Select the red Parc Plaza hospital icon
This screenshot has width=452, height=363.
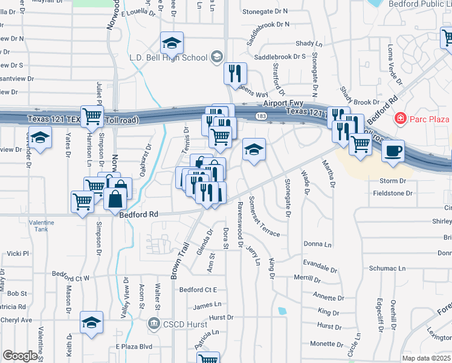click(x=399, y=119)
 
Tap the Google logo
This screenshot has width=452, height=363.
click(x=19, y=356)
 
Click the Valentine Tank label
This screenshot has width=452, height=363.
click(x=41, y=226)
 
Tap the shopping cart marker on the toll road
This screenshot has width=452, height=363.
click(x=92, y=116)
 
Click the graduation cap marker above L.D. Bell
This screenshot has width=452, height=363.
click(x=172, y=43)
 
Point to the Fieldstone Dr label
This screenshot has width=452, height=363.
click(x=393, y=193)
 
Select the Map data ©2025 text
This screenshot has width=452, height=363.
click(x=426, y=358)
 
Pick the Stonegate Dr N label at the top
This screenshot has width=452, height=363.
click(x=265, y=11)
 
